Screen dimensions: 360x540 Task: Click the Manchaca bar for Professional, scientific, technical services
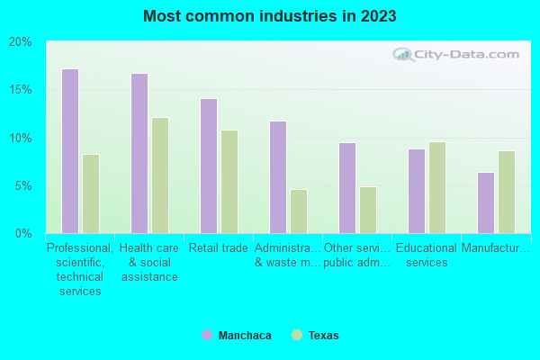point(69,151)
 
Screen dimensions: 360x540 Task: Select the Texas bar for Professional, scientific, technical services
point(90,193)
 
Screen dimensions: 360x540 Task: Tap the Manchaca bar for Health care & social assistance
point(139,153)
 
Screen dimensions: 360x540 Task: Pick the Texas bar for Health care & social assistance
point(159,175)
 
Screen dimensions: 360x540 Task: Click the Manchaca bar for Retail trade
point(208,166)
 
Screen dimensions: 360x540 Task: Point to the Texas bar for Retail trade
point(229,182)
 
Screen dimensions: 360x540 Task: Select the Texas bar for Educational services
point(436,187)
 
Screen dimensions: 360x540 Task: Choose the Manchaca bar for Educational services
point(416,191)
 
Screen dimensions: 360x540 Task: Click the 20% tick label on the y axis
point(21,42)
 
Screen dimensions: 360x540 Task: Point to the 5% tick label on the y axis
point(23,185)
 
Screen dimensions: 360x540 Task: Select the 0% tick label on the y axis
point(23,233)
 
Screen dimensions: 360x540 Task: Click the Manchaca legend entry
point(236,335)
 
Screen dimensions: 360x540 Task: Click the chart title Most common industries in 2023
point(269,16)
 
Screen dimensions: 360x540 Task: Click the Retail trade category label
point(219,248)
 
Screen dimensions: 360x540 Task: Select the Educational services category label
point(427,255)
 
